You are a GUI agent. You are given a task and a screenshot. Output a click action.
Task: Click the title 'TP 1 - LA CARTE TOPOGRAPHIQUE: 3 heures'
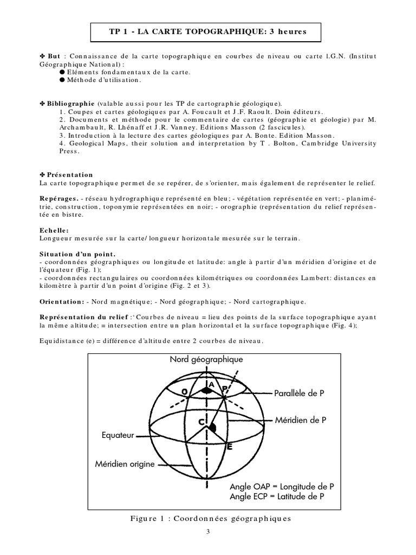click(x=207, y=32)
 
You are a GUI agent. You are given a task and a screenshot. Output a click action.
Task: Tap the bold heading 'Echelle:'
click(x=54, y=230)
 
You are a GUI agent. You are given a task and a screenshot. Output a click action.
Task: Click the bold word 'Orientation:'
click(x=62, y=301)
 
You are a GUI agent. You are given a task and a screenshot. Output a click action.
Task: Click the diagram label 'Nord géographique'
click(x=206, y=359)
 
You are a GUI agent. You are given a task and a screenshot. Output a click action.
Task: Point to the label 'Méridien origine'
click(x=125, y=464)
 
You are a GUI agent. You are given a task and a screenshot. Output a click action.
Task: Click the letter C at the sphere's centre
click(x=201, y=421)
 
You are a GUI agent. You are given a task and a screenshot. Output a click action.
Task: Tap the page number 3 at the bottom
click(x=207, y=532)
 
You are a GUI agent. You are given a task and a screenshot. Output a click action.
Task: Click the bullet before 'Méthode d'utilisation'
click(x=62, y=80)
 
